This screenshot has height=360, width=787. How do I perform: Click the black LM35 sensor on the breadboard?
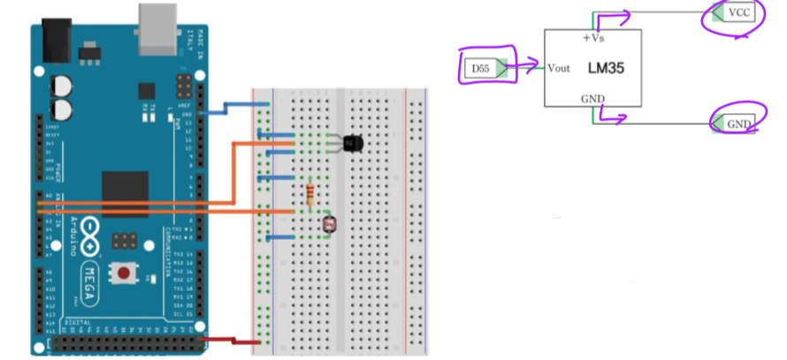click(x=351, y=142)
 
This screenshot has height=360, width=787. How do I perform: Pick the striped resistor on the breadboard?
click(x=309, y=195)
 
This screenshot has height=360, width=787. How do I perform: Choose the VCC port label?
click(x=739, y=13)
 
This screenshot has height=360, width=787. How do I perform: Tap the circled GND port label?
click(x=737, y=124)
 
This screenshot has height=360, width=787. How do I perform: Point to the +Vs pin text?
click(x=592, y=38)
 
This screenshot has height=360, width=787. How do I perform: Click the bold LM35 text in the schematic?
click(x=607, y=67)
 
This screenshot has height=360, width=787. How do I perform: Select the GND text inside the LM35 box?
click(x=592, y=97)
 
